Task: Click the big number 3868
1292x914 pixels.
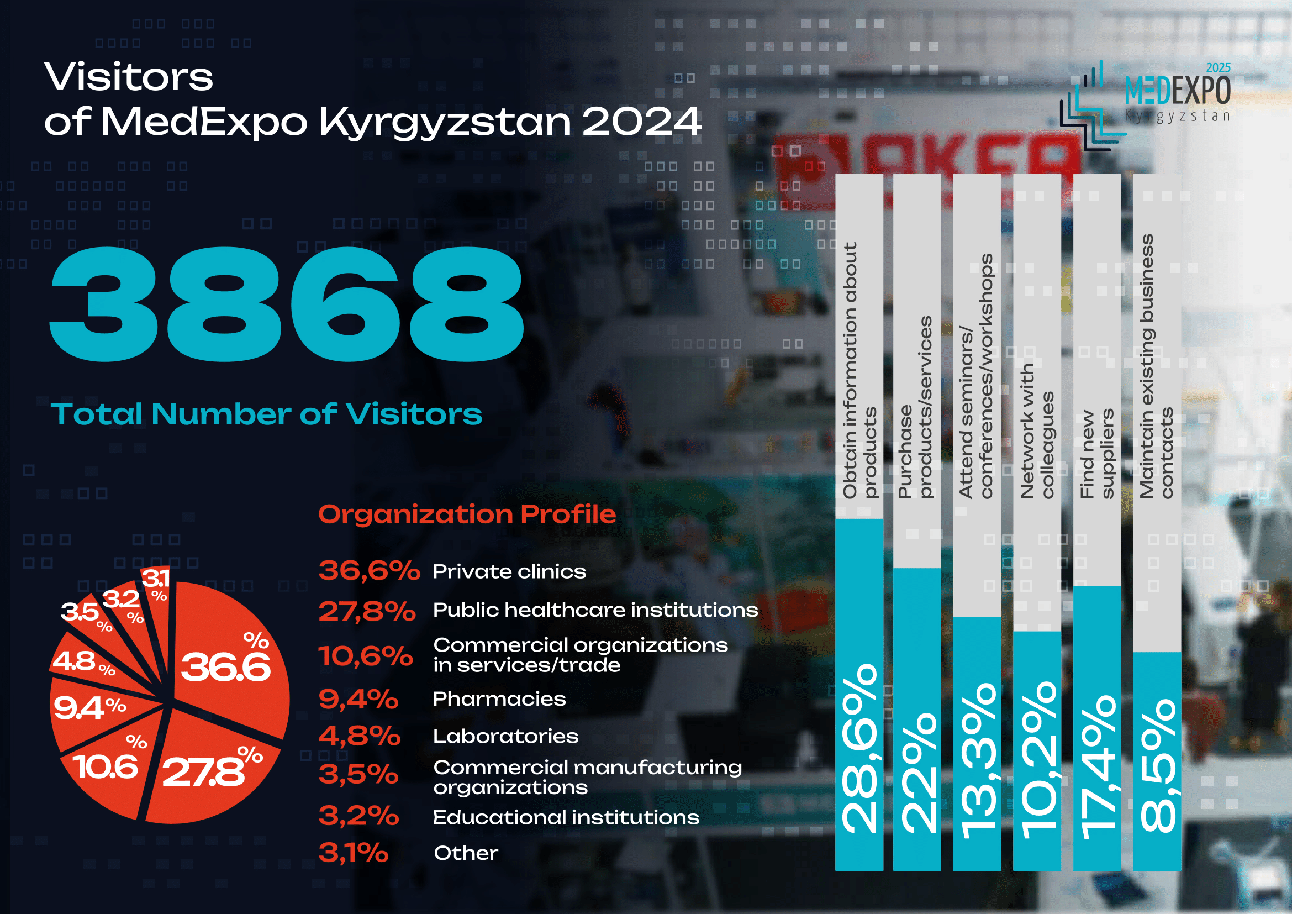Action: [x=287, y=304]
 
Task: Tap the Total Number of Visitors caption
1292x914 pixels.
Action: [x=266, y=414]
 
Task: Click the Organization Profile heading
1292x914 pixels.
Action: [x=467, y=514]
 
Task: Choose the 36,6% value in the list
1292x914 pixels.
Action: [x=369, y=571]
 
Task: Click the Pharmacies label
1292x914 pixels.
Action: [x=499, y=699]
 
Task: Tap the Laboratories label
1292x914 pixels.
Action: [x=505, y=736]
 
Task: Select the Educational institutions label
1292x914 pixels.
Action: [x=566, y=817]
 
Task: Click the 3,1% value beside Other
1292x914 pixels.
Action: [x=354, y=853]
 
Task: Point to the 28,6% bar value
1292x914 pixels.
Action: [x=859, y=749]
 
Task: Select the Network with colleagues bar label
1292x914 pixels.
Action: [x=1036, y=431]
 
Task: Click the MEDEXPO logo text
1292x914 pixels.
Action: [x=1177, y=90]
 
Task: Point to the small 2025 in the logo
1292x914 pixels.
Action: [x=1219, y=67]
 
